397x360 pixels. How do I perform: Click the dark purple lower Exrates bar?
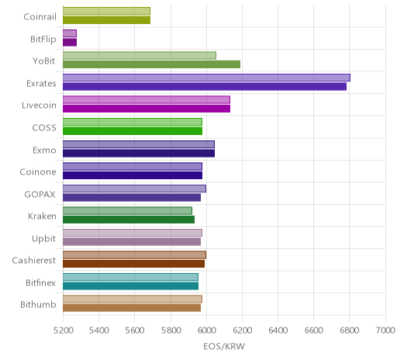point(205,87)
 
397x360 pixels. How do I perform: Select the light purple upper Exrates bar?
point(206,78)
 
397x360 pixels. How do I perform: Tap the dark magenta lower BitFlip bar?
point(70,43)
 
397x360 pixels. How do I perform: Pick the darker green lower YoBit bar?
point(151,64)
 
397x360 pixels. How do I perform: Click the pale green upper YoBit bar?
point(140,56)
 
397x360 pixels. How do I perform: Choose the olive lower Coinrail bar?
point(106,20)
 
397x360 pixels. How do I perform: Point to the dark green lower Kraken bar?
point(129,220)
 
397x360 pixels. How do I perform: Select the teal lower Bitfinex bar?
point(130,286)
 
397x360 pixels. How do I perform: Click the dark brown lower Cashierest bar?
point(133,264)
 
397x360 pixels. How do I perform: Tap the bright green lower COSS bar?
point(133,131)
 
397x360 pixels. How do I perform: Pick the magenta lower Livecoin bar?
point(147,109)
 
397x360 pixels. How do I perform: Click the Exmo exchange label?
point(44,151)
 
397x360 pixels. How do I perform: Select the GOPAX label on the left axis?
point(40,195)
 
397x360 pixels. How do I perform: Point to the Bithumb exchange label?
point(38,305)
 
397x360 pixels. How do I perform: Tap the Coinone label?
point(38,172)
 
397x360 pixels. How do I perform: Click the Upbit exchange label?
point(43,239)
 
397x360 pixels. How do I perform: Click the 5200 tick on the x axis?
point(63,331)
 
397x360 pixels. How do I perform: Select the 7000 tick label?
point(385,331)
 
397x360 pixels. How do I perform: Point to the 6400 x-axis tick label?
point(278,331)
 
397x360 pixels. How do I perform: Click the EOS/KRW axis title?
point(224,347)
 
